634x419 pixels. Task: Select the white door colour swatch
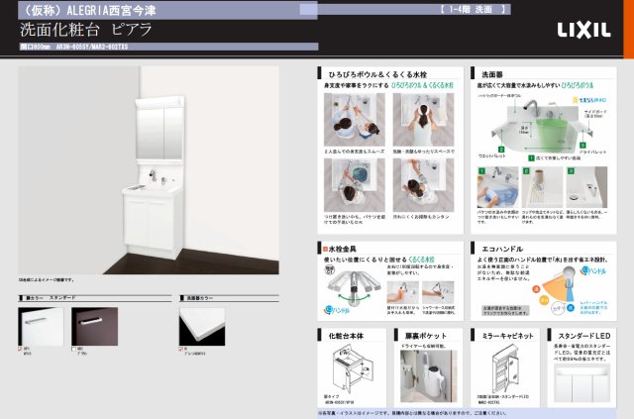41,326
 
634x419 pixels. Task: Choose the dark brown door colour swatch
96,326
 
